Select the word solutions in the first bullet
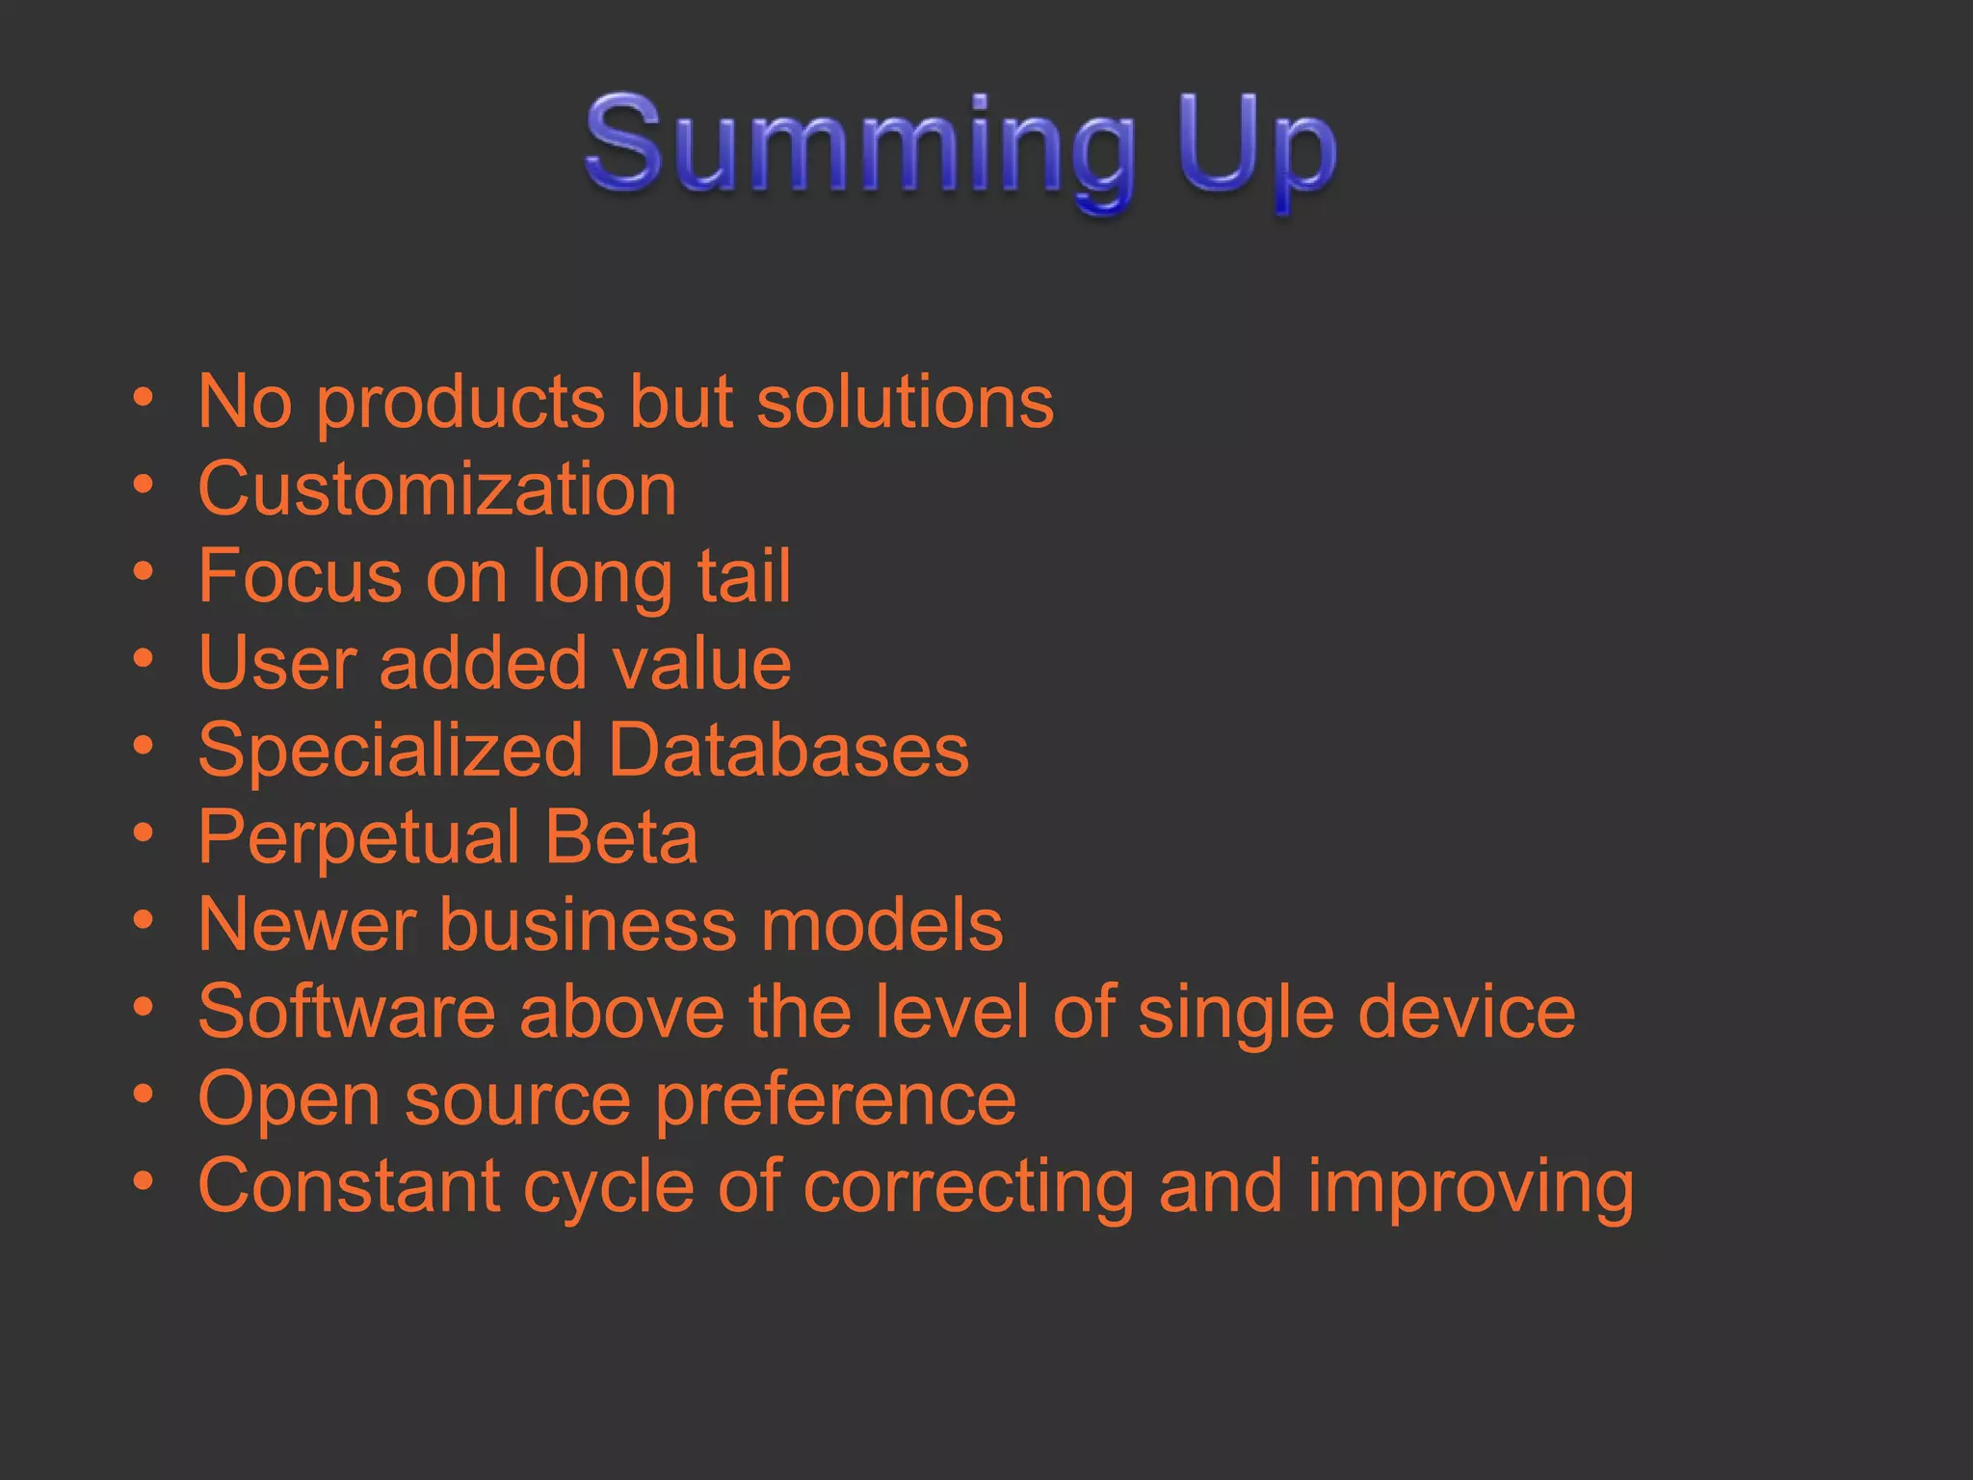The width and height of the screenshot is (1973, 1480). (x=905, y=402)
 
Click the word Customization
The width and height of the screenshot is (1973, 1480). (x=437, y=489)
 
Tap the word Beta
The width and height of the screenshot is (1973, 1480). (x=621, y=836)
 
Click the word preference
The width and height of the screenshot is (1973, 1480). (x=835, y=1100)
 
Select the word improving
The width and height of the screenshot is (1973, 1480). (x=1470, y=1189)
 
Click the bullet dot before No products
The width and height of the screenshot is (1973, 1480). (x=144, y=396)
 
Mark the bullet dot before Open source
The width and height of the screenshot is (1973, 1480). (x=144, y=1093)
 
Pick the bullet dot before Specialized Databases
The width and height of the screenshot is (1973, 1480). (x=144, y=745)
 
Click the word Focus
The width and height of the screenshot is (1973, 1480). (x=300, y=576)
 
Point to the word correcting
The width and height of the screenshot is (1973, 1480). (x=968, y=1189)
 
